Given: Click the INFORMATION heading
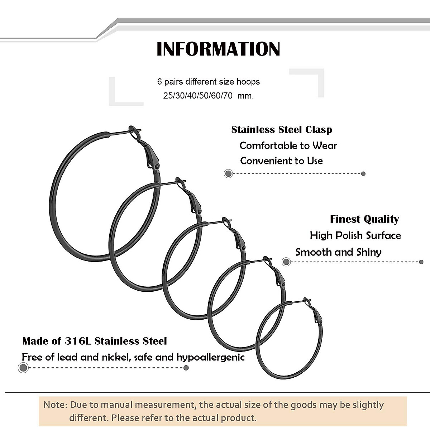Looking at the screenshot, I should (218, 49).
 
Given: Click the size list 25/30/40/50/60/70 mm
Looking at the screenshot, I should (208, 96).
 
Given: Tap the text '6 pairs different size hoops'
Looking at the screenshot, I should (208, 82).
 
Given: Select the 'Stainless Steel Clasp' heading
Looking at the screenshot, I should (282, 130).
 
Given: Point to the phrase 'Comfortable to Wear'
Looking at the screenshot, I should (288, 145).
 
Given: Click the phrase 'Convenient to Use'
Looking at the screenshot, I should (281, 161).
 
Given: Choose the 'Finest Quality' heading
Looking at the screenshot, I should (364, 219).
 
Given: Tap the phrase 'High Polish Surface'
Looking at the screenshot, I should (355, 235).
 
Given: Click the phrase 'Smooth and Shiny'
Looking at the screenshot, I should (338, 252).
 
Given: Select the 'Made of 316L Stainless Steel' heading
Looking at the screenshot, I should (95, 341).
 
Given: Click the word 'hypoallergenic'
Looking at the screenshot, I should (210, 357).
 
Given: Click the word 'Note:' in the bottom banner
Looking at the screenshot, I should (55, 405).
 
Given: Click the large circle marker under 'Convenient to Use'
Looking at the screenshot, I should (228, 174).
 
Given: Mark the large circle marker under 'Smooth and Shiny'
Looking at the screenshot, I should (286, 262).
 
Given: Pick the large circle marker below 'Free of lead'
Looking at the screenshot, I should (23, 368).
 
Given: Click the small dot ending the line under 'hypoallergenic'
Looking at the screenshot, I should (186, 368).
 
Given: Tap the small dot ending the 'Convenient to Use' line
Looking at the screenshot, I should (363, 174).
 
